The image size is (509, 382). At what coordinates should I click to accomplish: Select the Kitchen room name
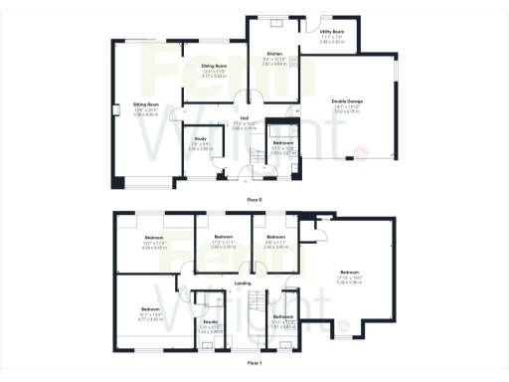274,53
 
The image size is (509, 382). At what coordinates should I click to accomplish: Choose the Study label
200,139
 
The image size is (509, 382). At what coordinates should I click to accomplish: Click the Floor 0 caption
254,199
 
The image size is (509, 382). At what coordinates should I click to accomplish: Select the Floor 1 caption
254,363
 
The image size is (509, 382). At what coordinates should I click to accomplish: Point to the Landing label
242,284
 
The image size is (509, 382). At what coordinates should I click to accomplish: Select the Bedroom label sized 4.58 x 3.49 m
151,238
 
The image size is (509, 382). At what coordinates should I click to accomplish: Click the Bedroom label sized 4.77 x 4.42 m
150,309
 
